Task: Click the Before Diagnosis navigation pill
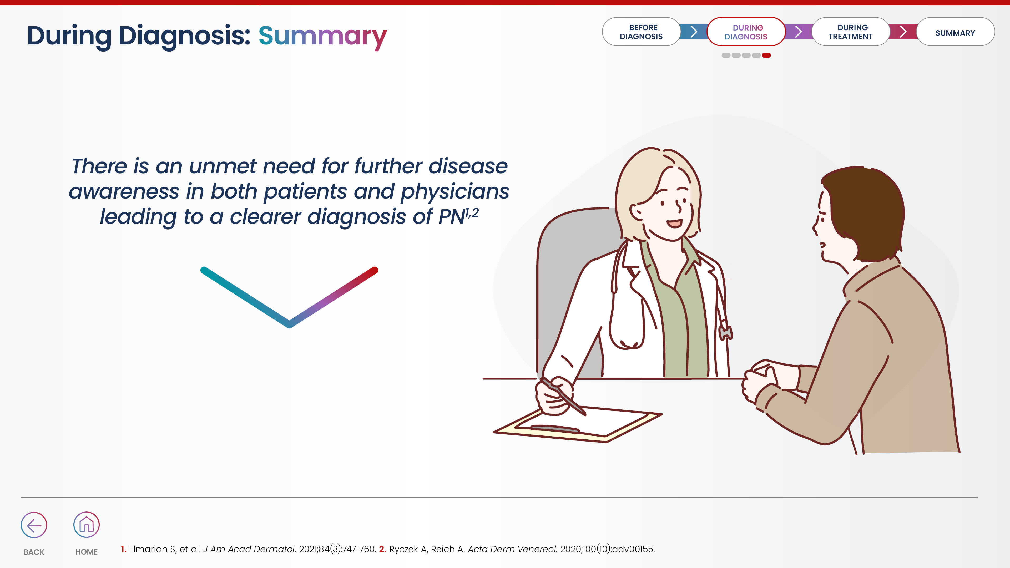coord(641,32)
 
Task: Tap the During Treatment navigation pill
coord(850,32)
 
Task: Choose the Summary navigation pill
coord(955,32)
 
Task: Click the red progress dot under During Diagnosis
coord(766,55)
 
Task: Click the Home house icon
coord(86,525)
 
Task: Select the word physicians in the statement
coord(455,192)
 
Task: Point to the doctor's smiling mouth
coord(674,224)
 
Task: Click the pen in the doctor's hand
coord(563,396)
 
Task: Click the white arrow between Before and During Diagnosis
coord(694,31)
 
